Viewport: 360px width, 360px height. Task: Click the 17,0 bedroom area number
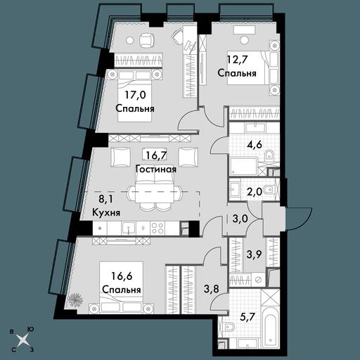point(135,95)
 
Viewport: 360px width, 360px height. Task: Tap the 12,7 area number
point(237,60)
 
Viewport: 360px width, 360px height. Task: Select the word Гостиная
point(156,169)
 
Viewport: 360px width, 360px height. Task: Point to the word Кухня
point(106,213)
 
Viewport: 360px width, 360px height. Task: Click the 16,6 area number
point(122,276)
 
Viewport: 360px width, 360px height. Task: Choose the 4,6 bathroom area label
point(254,144)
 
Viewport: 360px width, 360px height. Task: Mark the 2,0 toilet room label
point(255,192)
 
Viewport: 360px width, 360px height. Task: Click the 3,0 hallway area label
point(240,221)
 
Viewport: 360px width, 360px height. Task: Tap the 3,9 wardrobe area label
point(255,254)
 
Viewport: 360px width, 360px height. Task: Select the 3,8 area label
point(212,289)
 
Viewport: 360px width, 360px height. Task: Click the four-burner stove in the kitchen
point(157,228)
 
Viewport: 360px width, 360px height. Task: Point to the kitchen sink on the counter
point(128,228)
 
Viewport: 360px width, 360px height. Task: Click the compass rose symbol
point(22,340)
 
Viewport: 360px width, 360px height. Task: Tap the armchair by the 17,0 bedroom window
point(147,40)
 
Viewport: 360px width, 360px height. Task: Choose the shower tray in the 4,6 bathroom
point(243,167)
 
